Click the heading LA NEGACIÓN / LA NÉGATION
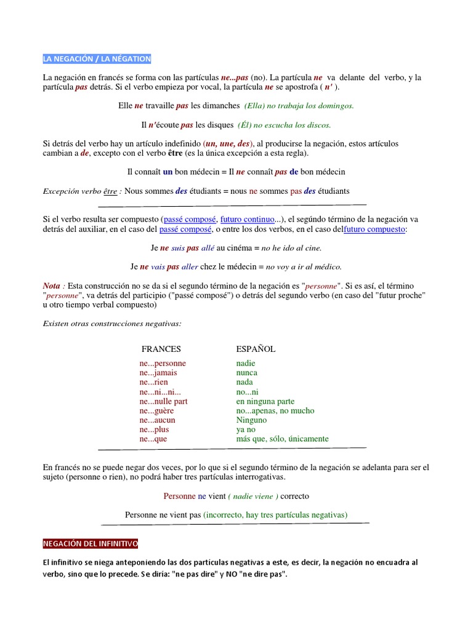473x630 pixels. [97, 59]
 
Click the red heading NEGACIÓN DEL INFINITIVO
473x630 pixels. [91, 544]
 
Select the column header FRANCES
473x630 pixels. [161, 349]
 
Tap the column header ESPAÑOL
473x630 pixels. [256, 349]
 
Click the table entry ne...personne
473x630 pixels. [163, 363]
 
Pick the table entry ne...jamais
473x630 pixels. [158, 373]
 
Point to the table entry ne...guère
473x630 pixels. [157, 410]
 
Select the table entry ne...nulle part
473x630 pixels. [163, 401]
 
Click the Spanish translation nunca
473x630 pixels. [246, 373]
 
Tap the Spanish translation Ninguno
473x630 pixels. [250, 420]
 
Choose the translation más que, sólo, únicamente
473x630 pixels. [282, 439]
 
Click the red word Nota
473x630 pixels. [52, 286]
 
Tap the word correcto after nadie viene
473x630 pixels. [295, 496]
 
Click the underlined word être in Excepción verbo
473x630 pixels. [110, 191]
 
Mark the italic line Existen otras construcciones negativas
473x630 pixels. [112, 324]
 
